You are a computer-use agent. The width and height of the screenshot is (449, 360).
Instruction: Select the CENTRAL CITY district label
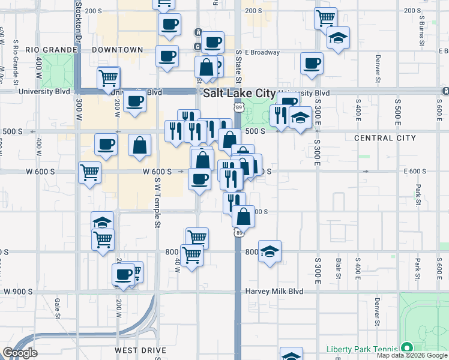pyautogui.click(x=385, y=138)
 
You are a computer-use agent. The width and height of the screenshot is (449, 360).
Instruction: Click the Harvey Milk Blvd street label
pyautogui.click(x=274, y=292)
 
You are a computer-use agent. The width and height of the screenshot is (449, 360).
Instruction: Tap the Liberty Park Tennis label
pyautogui.click(x=362, y=349)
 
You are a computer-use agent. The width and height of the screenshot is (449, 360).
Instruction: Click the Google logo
pyautogui.click(x=20, y=353)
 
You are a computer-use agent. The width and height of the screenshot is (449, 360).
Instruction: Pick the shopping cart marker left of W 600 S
pyautogui.click(x=89, y=172)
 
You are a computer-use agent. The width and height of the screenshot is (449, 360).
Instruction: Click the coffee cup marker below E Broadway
pyautogui.click(x=312, y=63)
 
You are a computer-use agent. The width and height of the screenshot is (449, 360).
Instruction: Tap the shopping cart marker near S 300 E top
pyautogui.click(x=325, y=17)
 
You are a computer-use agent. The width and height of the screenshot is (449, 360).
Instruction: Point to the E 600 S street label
pyautogui.click(x=415, y=171)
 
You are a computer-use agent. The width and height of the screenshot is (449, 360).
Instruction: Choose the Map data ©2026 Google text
pyautogui.click(x=412, y=355)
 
